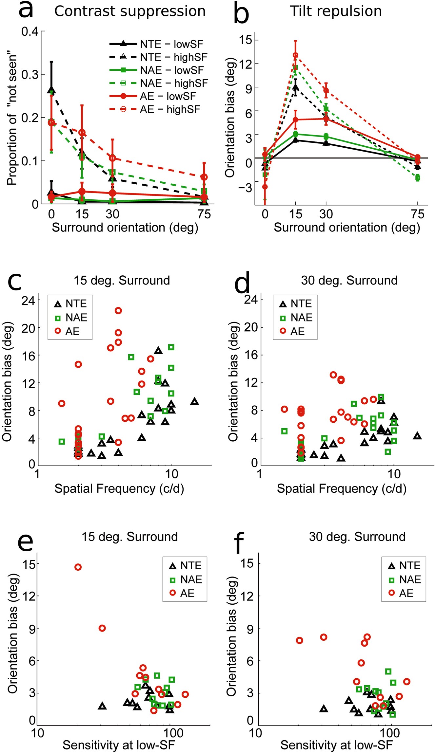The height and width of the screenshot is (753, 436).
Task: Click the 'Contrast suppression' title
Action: click(x=130, y=11)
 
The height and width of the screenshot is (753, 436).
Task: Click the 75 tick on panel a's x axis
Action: click(x=204, y=214)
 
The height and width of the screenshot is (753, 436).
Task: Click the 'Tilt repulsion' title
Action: click(x=336, y=11)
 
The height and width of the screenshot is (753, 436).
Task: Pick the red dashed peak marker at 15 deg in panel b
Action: click(x=295, y=55)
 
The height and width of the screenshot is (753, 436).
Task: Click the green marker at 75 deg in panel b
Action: click(x=417, y=178)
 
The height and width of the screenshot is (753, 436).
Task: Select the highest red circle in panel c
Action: click(x=118, y=310)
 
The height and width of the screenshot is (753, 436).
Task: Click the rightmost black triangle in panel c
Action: click(x=195, y=401)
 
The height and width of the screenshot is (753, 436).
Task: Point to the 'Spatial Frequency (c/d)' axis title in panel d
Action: click(x=342, y=488)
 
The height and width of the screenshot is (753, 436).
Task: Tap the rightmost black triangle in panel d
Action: click(x=417, y=436)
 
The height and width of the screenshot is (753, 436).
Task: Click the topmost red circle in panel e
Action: click(x=78, y=567)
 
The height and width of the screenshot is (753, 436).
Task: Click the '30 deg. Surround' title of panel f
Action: click(x=357, y=537)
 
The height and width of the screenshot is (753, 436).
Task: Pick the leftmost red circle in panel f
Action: click(x=299, y=640)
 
